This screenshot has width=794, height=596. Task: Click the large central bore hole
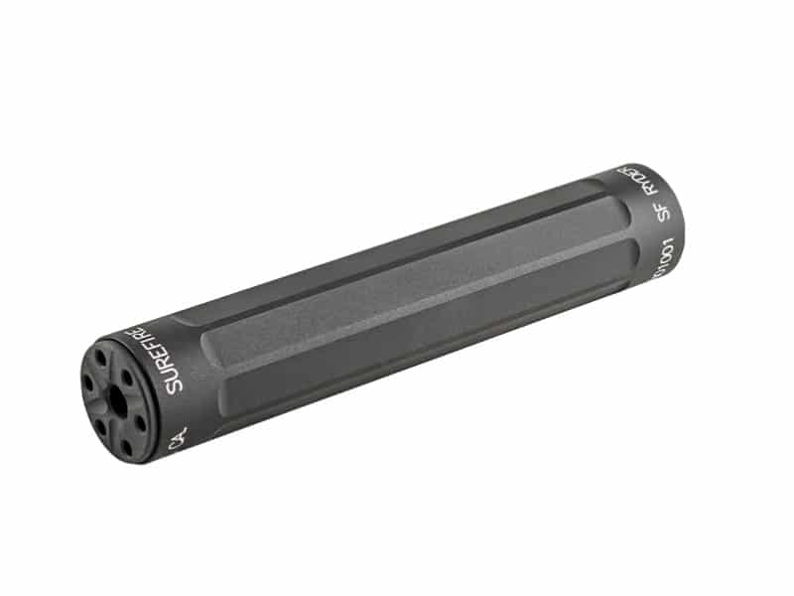[x=118, y=402]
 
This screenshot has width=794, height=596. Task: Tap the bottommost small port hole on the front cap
[x=128, y=448]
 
